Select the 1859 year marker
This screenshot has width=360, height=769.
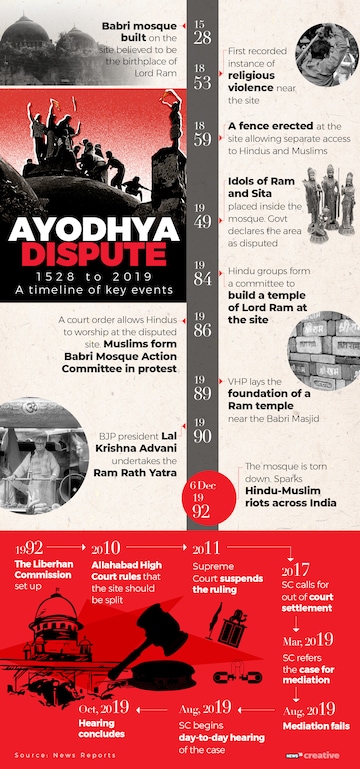click(x=202, y=135)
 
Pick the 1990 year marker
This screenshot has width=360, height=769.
click(x=202, y=429)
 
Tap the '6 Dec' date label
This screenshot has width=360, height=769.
click(x=201, y=486)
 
